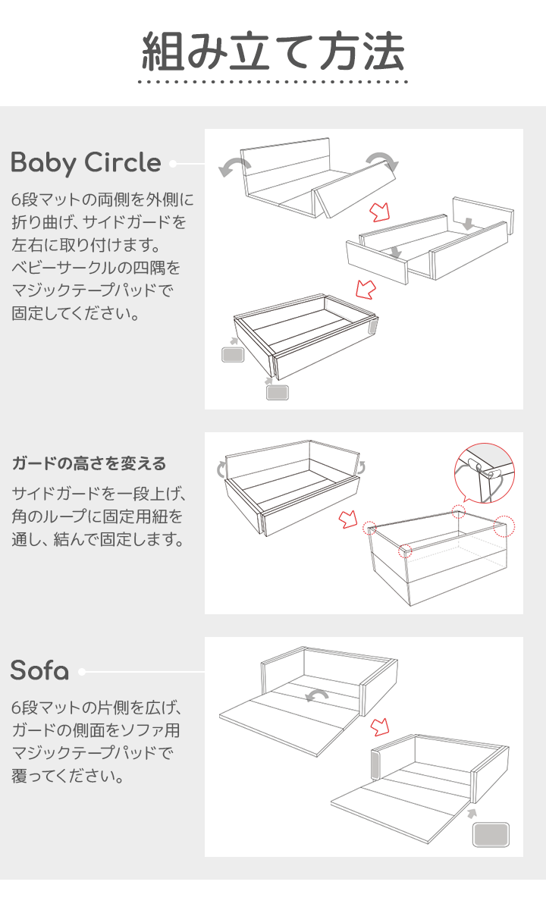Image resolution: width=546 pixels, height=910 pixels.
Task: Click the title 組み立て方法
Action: pos(273,51)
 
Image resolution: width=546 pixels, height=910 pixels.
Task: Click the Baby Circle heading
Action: pos(86,163)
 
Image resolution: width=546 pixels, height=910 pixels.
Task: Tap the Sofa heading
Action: pos(39,670)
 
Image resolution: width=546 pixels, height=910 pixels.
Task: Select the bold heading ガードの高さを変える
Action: pos(89,463)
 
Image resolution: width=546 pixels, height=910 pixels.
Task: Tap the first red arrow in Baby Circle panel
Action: pos(380,212)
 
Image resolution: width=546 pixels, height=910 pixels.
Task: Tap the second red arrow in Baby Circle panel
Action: pos(366,289)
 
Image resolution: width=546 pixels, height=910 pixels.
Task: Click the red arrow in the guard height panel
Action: pos(348,519)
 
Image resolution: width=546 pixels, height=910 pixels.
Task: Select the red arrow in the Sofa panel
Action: pos(380,726)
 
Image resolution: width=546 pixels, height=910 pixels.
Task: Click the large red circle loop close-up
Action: pos(485,474)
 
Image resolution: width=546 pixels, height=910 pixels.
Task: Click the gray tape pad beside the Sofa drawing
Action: pos(491,835)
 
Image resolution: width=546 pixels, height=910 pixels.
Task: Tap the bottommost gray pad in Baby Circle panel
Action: pos(278,393)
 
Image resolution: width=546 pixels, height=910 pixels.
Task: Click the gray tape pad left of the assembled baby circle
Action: pos(233,354)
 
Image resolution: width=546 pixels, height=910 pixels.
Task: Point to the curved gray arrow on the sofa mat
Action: pos(316,696)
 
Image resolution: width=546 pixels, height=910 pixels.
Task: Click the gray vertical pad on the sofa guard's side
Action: pos(375,765)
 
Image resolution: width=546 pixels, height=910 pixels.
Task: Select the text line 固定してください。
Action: pos(76,313)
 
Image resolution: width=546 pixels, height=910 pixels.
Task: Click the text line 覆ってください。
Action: pos(67,776)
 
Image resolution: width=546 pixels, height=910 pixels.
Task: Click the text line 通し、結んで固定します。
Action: pos(98,539)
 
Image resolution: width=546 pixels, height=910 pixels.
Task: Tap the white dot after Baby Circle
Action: pos(173,164)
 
